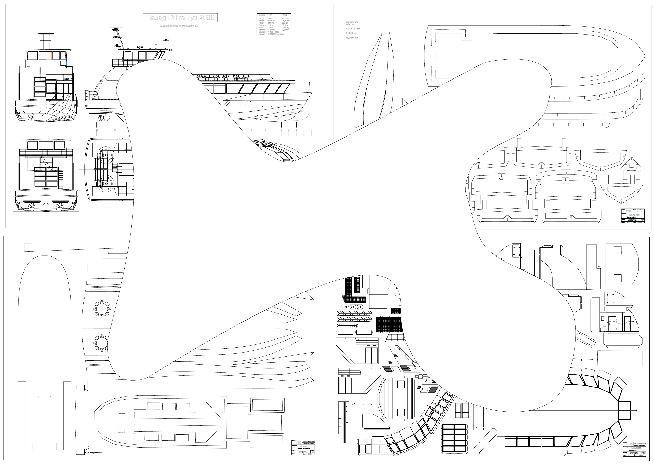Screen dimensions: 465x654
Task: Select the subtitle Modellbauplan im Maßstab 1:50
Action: tap(179, 26)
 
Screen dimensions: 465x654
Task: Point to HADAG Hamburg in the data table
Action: tap(276, 34)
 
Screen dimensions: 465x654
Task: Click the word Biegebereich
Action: tap(96, 453)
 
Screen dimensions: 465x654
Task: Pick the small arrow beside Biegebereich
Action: tap(87, 453)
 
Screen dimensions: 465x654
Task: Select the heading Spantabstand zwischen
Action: tap(352, 23)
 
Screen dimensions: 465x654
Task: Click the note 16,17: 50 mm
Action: tap(352, 38)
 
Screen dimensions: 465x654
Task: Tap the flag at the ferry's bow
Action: tap(307, 83)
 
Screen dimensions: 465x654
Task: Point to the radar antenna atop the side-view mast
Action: tap(115, 28)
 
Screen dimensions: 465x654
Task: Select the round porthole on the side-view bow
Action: tap(259, 117)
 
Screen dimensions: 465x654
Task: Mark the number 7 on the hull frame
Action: tap(542, 164)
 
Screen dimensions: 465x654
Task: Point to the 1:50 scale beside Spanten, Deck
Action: tap(628, 211)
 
